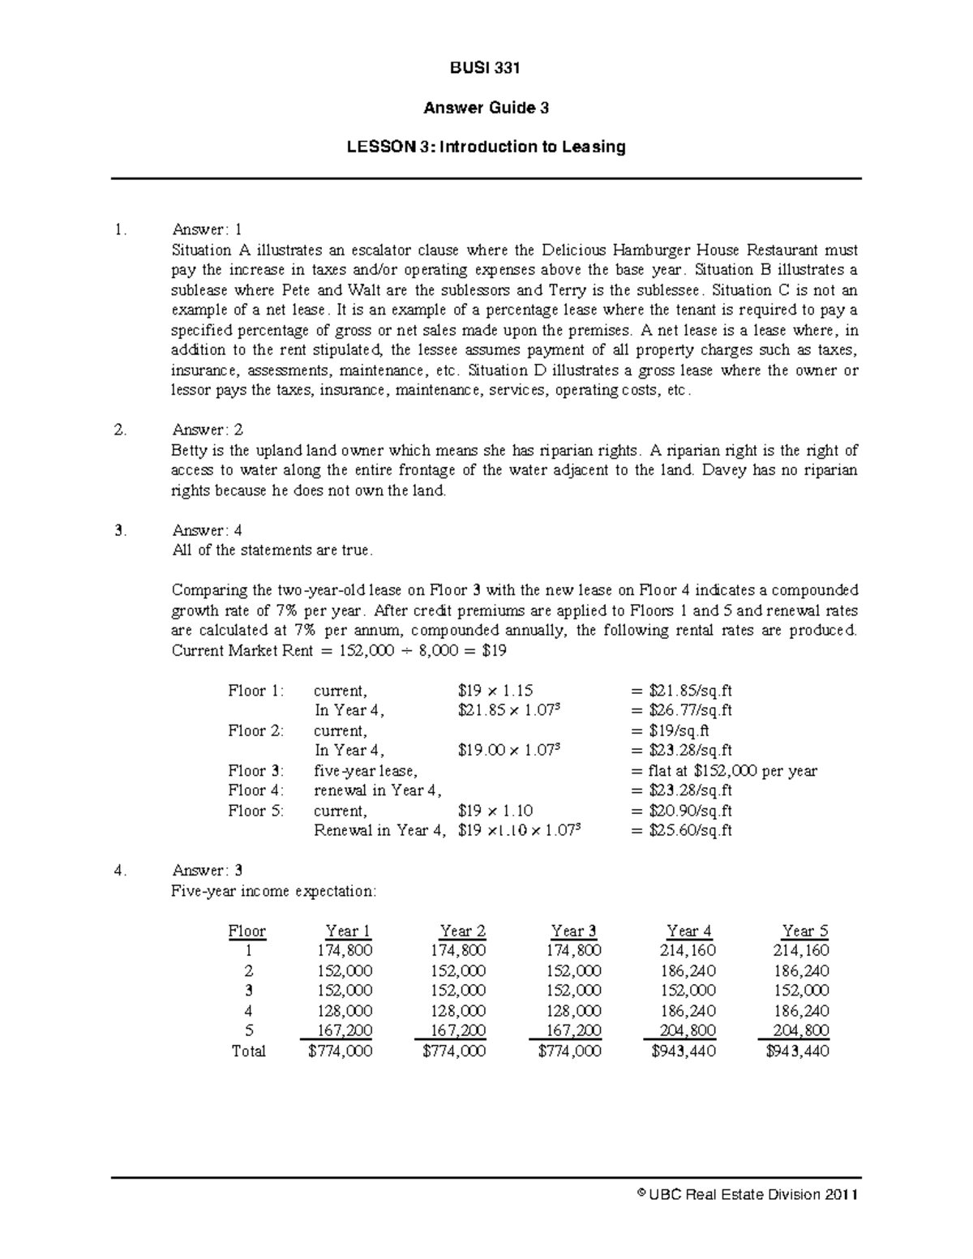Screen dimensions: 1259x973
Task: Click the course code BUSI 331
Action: click(486, 68)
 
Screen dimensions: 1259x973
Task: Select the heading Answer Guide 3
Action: click(486, 108)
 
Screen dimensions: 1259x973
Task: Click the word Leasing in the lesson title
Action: click(596, 147)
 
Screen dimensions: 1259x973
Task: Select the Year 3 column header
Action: click(573, 931)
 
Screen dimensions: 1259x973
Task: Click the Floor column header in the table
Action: click(246, 931)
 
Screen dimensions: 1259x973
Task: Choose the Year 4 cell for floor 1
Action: click(689, 950)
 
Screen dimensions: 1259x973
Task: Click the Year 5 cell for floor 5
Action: click(804, 1030)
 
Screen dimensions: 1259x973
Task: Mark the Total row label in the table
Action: click(247, 1051)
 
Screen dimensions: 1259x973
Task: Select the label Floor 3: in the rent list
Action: click(255, 771)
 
